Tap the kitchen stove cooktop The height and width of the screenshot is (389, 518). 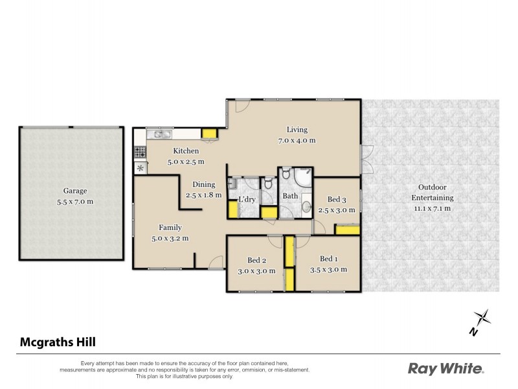140,153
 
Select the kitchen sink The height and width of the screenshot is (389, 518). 159,135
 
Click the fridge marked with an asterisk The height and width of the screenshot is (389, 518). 140,168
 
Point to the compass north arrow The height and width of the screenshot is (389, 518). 480,320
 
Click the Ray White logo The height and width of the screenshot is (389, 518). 445,368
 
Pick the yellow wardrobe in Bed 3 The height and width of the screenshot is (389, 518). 346,230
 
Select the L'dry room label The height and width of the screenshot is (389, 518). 247,199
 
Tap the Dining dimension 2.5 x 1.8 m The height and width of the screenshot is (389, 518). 203,194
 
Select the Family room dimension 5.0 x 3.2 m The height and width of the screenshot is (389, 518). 170,238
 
